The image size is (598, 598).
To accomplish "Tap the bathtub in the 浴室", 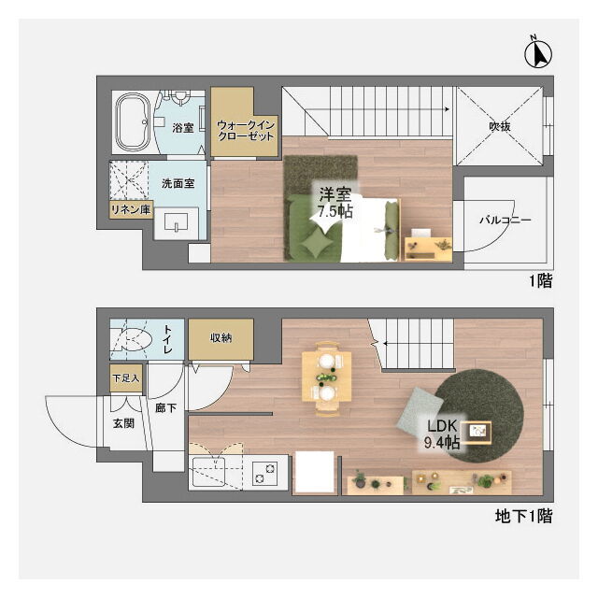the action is coord(133,121).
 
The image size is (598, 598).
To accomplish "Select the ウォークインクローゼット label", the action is coord(246,131).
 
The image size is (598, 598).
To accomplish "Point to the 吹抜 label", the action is coord(500,126).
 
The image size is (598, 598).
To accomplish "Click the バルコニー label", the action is coord(505,221).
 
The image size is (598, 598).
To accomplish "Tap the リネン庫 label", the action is coord(131,209).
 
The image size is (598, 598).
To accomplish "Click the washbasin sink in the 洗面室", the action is coord(177,222).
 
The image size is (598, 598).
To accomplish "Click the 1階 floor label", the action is coord(540,281).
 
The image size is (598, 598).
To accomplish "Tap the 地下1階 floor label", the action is coord(523,517).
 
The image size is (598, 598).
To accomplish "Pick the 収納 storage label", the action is coord(221,337).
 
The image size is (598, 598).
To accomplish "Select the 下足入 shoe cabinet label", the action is coord(126,378).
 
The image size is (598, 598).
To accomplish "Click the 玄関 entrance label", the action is coord(123,423).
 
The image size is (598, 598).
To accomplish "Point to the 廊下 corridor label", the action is coord(166,408).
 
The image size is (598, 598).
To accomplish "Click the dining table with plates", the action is coord(326,377).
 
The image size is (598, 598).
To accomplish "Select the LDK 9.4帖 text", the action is coord(442,434).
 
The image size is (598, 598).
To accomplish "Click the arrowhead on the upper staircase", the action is coord(447,110).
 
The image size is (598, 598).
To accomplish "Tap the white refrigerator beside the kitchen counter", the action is coord(315,472).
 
